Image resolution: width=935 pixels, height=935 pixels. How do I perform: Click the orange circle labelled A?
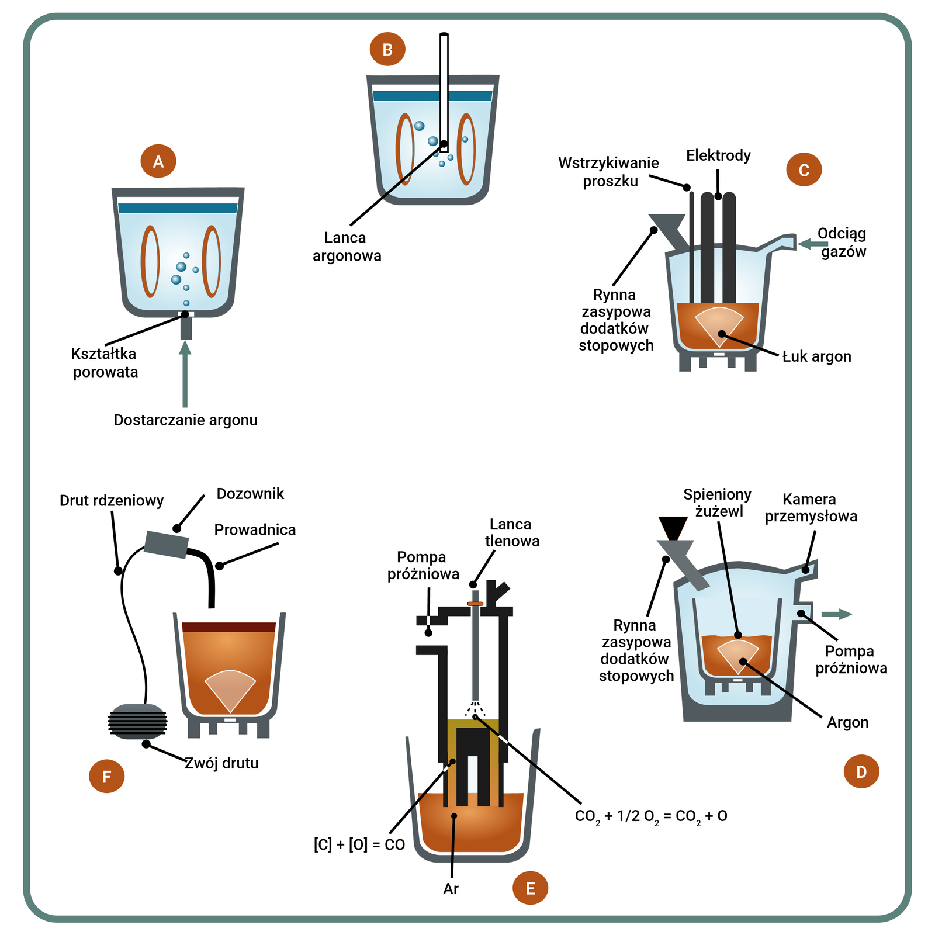tap(158, 161)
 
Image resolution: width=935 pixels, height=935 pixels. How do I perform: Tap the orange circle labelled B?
tap(387, 50)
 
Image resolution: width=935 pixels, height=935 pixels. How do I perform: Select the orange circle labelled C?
tap(804, 169)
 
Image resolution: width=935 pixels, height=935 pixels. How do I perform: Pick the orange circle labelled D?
tap(861, 771)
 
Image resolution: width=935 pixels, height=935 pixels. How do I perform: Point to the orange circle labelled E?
tap(530, 888)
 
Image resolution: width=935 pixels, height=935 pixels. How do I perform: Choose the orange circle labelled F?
tap(106, 776)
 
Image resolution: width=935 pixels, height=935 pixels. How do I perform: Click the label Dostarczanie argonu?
tap(185, 420)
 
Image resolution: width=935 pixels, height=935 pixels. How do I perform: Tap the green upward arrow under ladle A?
tap(185, 374)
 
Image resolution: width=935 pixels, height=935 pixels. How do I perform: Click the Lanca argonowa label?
tap(346, 247)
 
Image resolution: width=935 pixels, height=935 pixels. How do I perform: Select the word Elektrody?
tap(718, 155)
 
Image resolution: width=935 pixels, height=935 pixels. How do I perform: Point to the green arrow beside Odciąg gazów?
tap(812, 244)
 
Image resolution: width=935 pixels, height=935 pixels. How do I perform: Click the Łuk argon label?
tap(816, 356)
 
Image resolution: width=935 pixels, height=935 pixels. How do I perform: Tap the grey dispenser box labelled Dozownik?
tap(167, 544)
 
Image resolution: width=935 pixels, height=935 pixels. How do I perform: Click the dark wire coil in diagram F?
tap(138, 722)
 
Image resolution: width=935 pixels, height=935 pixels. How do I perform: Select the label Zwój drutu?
tap(221, 763)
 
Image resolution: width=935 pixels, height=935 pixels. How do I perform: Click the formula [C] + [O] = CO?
tap(359, 845)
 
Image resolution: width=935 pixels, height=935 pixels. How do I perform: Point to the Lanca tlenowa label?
tap(511, 532)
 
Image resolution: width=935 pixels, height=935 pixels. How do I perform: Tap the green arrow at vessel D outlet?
tap(836, 614)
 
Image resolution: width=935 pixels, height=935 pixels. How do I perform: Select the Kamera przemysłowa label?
tap(811, 508)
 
